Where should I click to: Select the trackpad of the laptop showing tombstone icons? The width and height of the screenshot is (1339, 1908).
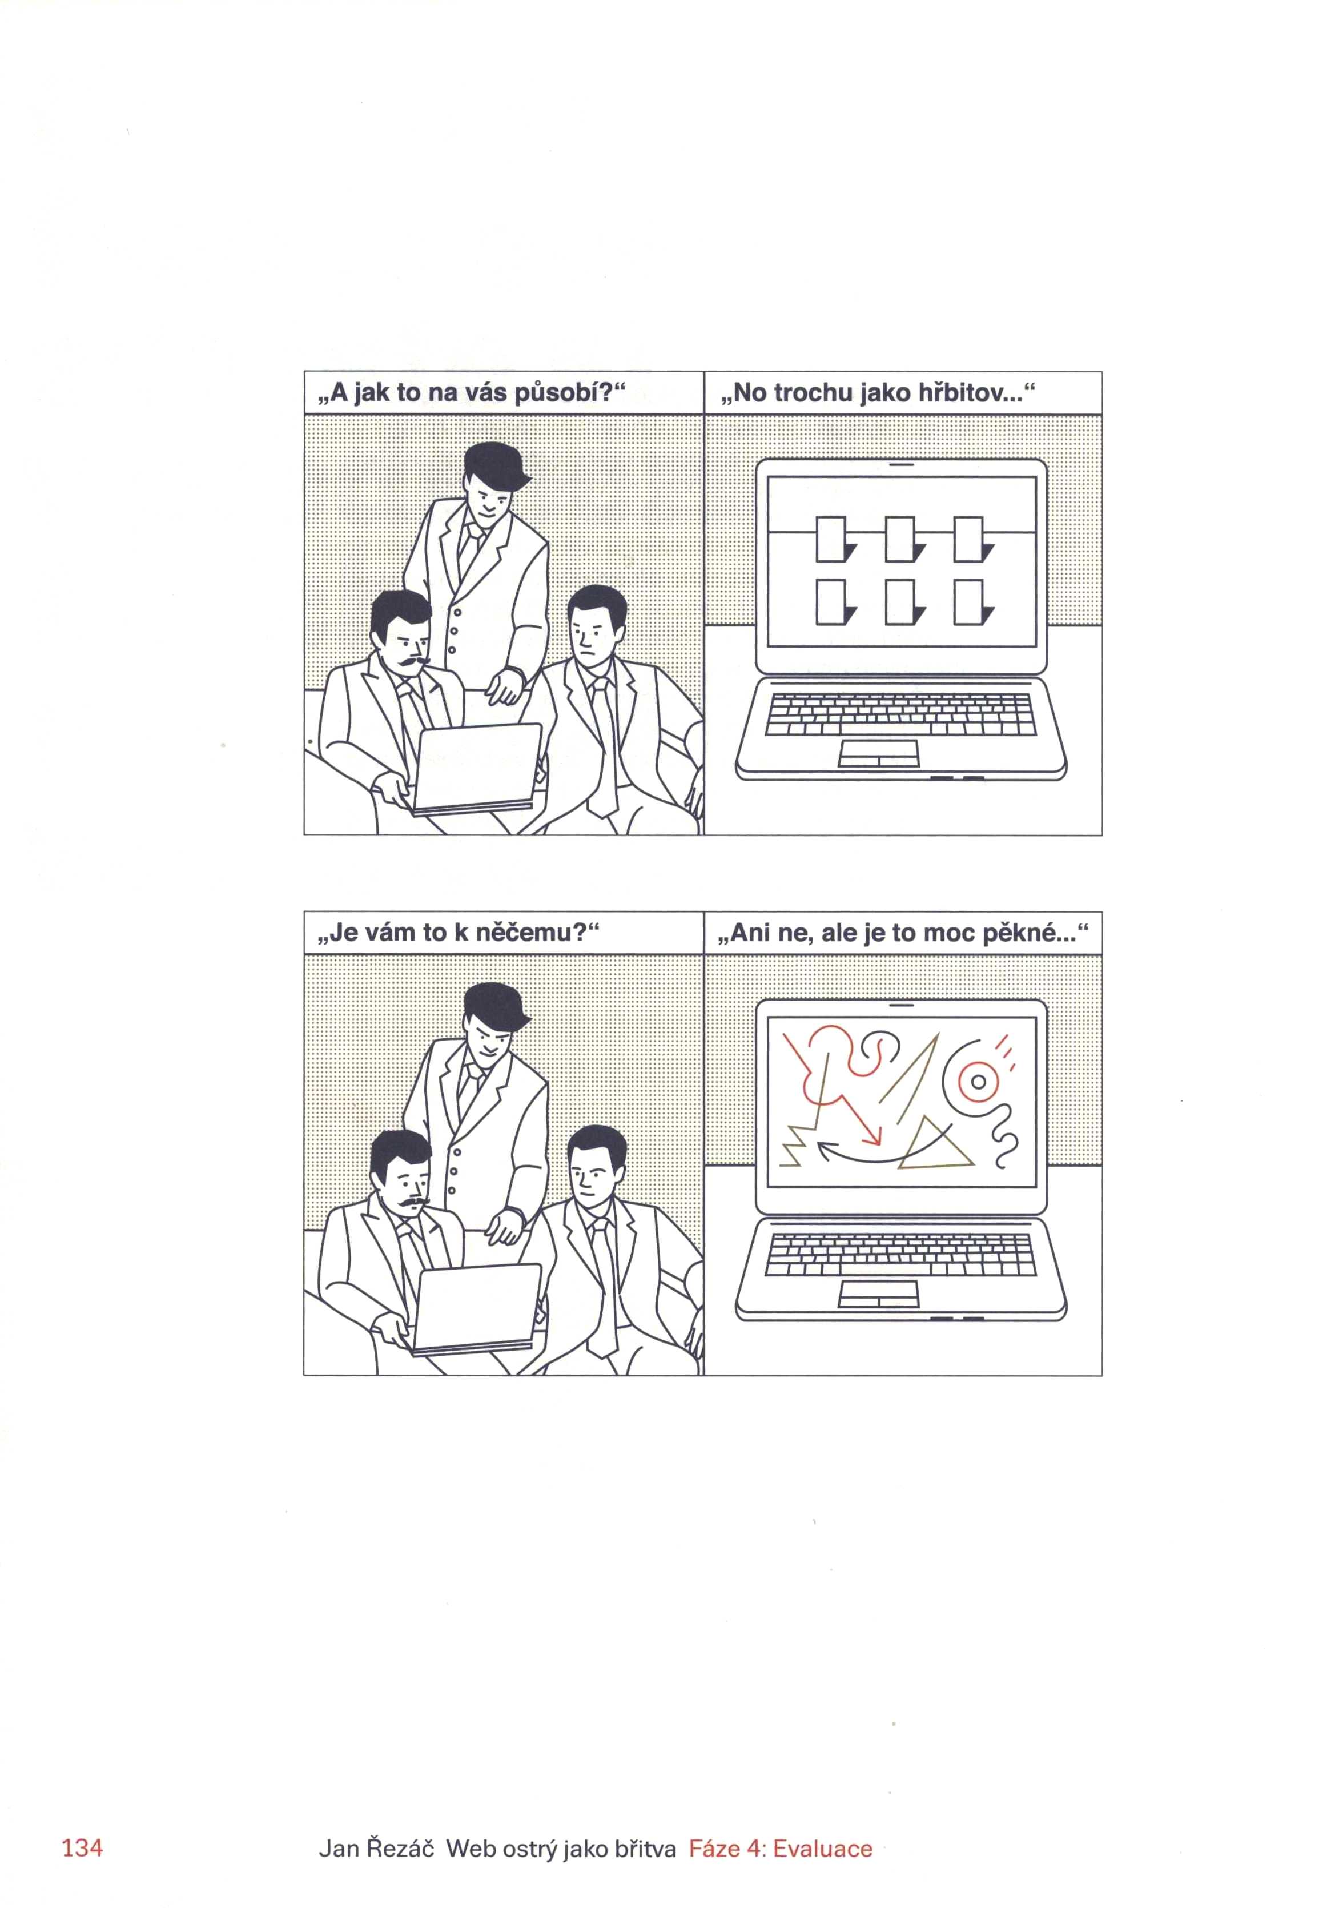pyautogui.click(x=878, y=753)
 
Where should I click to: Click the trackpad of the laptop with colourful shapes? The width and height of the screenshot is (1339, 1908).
pyautogui.click(x=878, y=1293)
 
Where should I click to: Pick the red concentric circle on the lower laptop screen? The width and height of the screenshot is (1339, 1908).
pyautogui.click(x=979, y=1082)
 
